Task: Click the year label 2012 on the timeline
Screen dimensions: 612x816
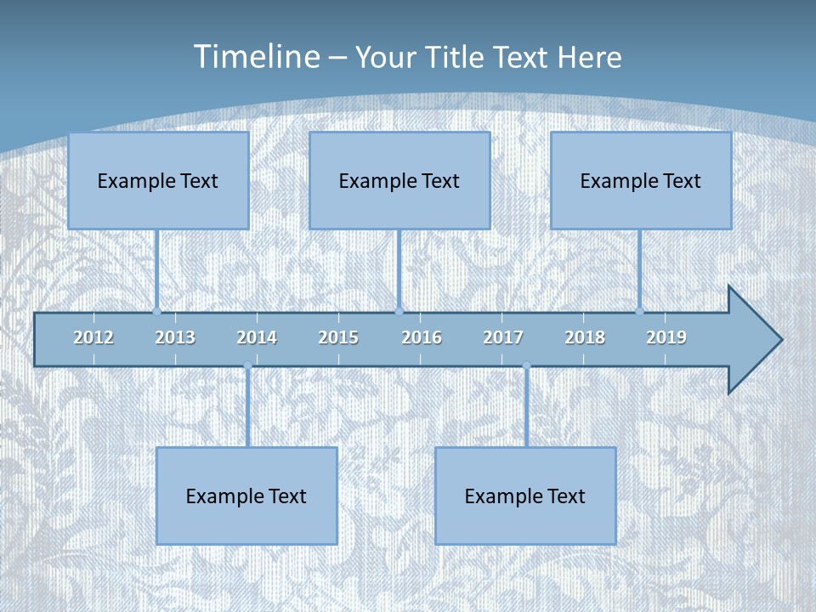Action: coord(93,337)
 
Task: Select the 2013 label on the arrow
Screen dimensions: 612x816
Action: coord(175,337)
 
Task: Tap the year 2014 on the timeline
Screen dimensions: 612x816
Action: coord(257,337)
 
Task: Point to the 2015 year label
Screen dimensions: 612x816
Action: coord(338,337)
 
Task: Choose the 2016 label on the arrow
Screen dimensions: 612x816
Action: coord(422,337)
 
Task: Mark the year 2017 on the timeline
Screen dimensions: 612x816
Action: coord(503,337)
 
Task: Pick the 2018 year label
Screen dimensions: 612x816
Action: coord(585,337)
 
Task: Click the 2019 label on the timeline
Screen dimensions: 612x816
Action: coord(666,337)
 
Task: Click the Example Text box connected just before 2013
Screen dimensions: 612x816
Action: coord(158,180)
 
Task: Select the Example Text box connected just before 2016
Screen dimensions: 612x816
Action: coord(399,180)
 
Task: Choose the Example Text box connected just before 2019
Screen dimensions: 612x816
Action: coord(641,180)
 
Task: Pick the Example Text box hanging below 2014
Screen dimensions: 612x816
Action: coord(246,496)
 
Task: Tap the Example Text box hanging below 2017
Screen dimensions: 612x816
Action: coord(525,496)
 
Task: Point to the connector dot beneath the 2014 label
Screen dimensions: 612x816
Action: coord(247,365)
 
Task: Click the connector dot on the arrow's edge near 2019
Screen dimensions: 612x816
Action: coord(640,312)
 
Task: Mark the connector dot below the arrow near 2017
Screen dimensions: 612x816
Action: coord(526,365)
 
